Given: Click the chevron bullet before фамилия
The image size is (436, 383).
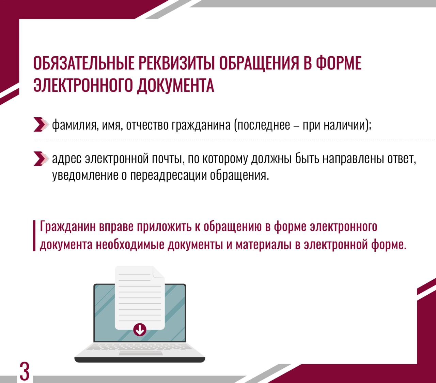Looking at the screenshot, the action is click(x=40, y=124).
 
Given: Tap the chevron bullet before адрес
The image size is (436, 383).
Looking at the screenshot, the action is click(x=40, y=159).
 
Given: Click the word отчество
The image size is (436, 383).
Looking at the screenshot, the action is click(x=147, y=125).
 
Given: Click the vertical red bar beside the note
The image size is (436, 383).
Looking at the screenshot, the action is click(x=34, y=236).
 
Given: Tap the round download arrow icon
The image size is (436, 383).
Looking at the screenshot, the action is click(x=140, y=329).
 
